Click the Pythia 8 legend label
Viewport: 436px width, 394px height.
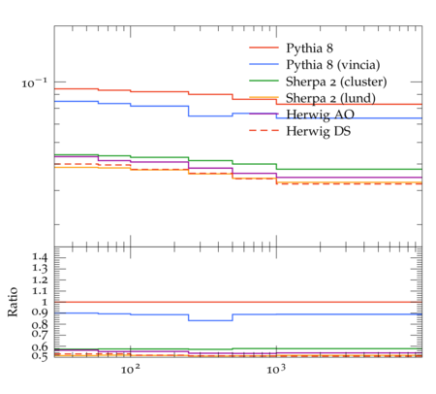tap(309, 49)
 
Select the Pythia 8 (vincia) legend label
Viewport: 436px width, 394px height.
tap(333, 65)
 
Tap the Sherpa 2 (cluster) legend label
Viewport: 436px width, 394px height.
tap(336, 82)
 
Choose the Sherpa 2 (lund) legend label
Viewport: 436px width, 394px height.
tap(330, 98)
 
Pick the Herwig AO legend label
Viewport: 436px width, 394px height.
tap(320, 115)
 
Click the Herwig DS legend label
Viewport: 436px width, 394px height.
tap(319, 131)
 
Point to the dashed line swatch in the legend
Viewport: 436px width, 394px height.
tap(264, 130)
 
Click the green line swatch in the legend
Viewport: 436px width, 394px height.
tap(264, 81)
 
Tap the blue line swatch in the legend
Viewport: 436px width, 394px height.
tap(264, 64)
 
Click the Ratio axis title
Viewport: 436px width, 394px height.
tap(13, 302)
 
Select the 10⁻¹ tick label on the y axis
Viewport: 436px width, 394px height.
tap(34, 83)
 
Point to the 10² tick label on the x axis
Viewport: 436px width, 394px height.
tap(131, 370)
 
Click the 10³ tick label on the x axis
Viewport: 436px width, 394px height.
tap(276, 370)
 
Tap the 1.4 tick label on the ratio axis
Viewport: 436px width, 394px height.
tap(40, 257)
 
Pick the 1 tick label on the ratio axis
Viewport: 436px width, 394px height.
tap(45, 302)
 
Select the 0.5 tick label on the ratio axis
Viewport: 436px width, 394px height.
tap(40, 356)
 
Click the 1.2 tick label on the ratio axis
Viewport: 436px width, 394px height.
tap(40, 279)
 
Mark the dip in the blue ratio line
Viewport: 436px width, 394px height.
tap(210, 320)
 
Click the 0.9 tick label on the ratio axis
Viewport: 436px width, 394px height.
tap(40, 312)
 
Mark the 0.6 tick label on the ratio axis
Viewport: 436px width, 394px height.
tap(40, 347)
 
